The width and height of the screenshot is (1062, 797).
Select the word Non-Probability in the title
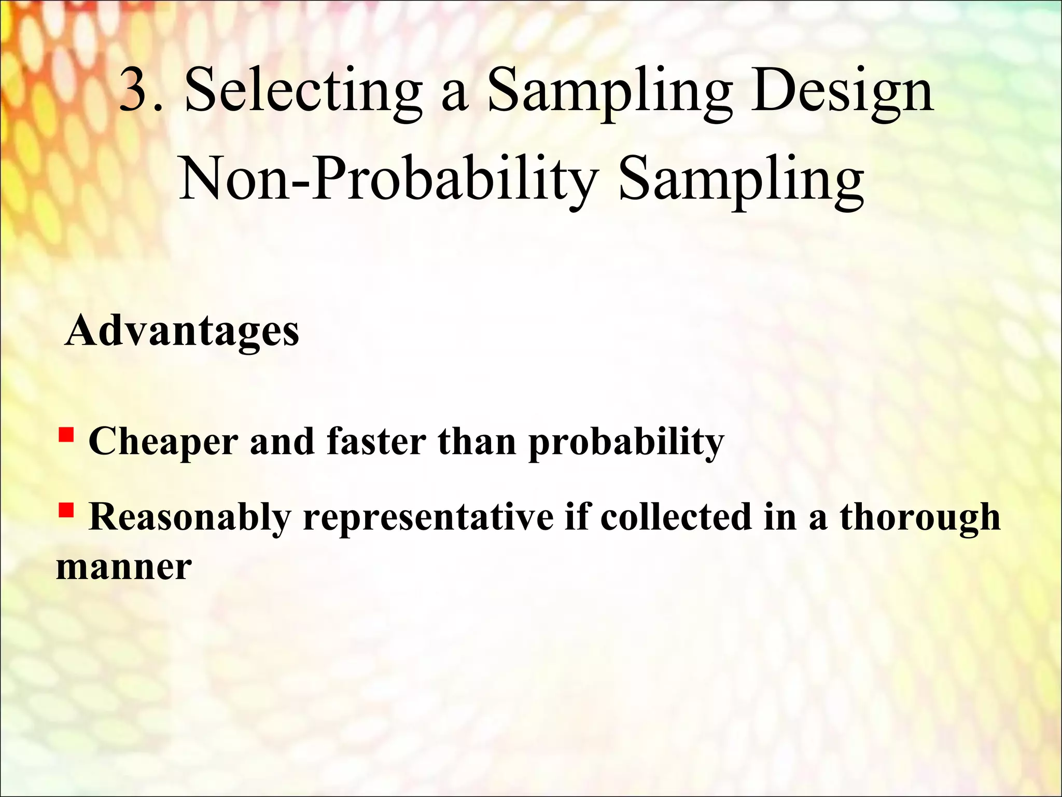pyautogui.click(x=387, y=179)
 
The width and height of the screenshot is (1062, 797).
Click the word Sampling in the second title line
pyautogui.click(x=742, y=179)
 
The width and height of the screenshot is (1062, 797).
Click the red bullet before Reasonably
pyautogui.click(x=66, y=510)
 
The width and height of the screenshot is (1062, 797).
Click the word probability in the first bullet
pyautogui.click(x=626, y=442)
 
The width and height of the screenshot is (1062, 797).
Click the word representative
pyautogui.click(x=428, y=518)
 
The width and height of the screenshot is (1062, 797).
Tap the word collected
pyautogui.click(x=676, y=517)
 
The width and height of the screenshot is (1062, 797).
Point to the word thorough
pyautogui.click(x=920, y=518)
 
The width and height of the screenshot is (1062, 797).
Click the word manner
pyautogui.click(x=124, y=567)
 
